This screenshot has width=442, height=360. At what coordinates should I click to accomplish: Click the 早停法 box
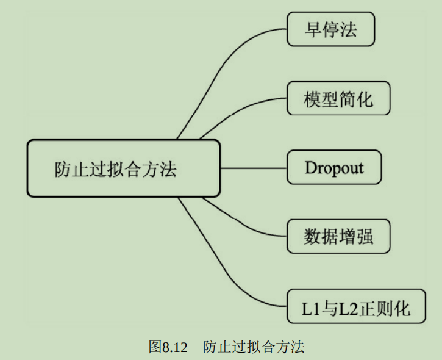330,30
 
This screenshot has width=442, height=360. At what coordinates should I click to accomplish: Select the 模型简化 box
338,98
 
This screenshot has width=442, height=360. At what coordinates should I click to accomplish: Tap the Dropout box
334,167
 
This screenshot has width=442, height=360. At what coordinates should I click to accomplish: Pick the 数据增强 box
338,237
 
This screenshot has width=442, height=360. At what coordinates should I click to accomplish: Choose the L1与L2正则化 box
356,306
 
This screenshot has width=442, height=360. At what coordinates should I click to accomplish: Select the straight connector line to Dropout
253,167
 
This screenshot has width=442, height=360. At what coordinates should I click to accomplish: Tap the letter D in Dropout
311,167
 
